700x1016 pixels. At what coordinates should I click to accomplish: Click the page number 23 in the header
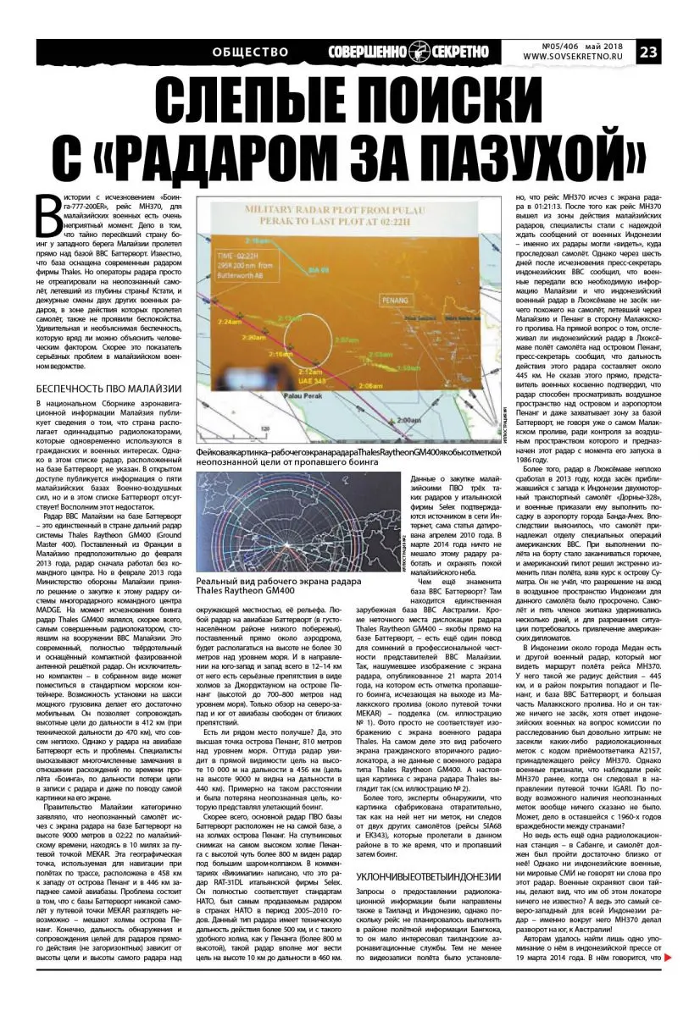tap(674, 52)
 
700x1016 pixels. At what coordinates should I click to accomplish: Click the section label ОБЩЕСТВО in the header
tap(251, 52)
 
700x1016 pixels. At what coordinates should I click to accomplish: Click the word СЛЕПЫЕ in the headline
tap(258, 106)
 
